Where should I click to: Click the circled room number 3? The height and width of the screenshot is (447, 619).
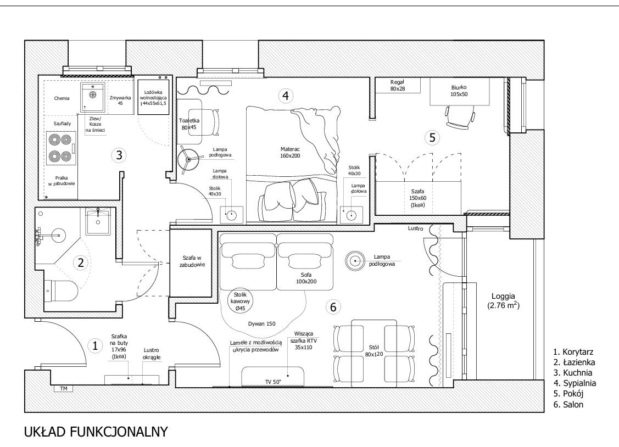(119, 155)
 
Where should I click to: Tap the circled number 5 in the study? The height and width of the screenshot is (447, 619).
(432, 138)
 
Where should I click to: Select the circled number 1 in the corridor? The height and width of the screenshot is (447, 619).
(94, 346)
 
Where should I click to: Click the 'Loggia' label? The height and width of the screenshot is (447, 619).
(503, 296)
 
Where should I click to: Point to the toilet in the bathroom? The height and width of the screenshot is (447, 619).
(61, 290)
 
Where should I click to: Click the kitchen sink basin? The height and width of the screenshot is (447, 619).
(93, 96)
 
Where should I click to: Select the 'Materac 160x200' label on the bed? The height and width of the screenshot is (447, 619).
(290, 152)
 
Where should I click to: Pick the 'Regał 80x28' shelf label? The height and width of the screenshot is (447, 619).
(398, 86)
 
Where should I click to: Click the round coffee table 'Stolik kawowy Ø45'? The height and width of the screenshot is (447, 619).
(240, 301)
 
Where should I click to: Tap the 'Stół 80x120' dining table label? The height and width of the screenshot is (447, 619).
(374, 351)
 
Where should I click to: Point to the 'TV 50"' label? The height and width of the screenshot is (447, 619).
(273, 382)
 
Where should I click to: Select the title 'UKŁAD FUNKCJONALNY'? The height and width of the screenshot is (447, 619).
(96, 432)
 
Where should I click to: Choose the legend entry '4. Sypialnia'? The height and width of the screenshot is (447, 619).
(575, 383)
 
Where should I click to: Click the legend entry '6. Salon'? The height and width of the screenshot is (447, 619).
(568, 404)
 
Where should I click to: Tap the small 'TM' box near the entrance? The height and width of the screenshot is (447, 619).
(64, 389)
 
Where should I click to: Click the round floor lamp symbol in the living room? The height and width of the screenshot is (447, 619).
(354, 261)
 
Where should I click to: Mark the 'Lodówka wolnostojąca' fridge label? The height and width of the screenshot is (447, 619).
(153, 97)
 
